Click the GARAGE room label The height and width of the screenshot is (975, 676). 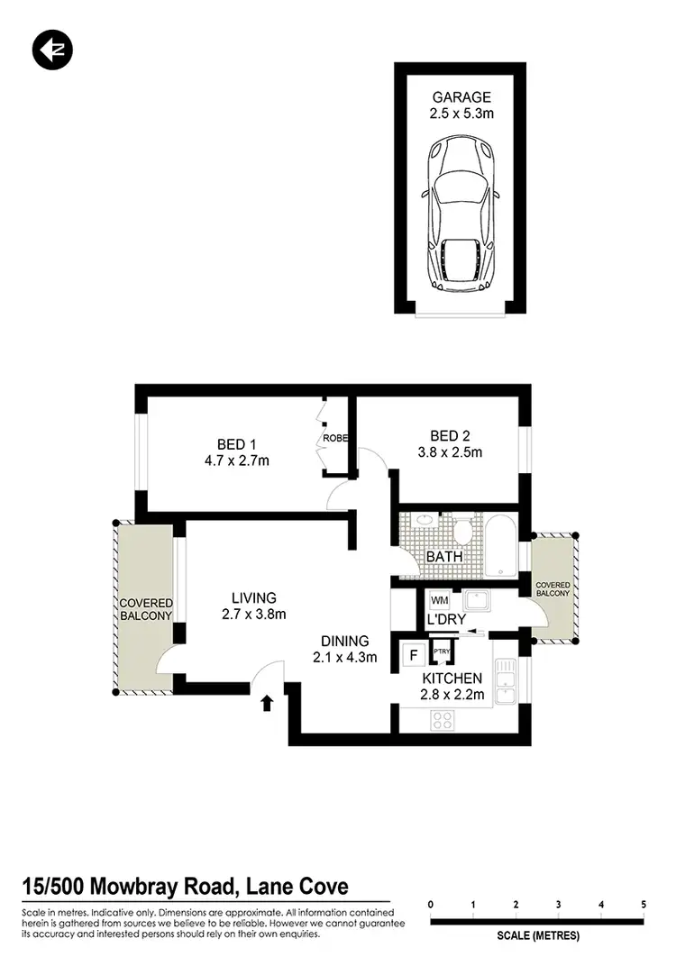461,97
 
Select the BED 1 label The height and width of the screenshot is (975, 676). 238,443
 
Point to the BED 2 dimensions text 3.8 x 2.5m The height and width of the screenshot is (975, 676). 451,451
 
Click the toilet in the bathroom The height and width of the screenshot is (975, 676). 463,529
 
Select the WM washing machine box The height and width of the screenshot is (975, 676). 440,600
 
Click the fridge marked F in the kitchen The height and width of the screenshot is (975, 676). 416,655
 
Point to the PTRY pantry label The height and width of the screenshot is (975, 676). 442,652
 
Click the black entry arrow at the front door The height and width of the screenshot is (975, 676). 267,703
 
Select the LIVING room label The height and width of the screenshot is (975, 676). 253,597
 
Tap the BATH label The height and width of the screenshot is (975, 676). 444,556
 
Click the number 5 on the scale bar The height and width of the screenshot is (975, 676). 644,904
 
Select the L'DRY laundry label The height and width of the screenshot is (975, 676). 446,620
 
